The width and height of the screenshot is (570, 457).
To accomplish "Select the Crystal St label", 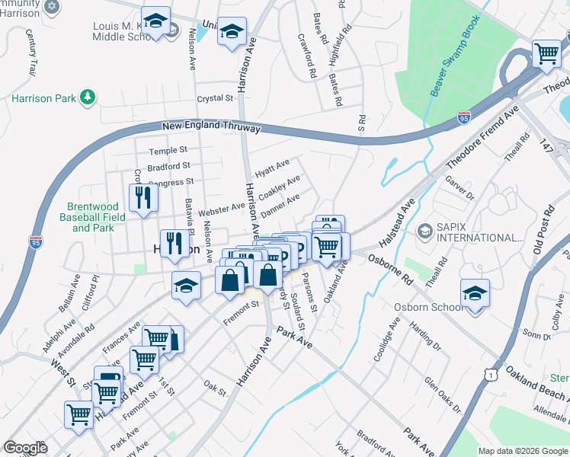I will tap(214, 98).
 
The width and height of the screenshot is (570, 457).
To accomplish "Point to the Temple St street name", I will tap(168, 151).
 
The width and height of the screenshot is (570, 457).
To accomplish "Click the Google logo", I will tap(26, 448).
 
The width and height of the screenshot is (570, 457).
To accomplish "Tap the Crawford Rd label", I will tap(307, 56).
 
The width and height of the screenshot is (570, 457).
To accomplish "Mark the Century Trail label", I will tap(30, 52).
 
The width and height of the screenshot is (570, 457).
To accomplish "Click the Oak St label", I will tap(216, 389).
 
